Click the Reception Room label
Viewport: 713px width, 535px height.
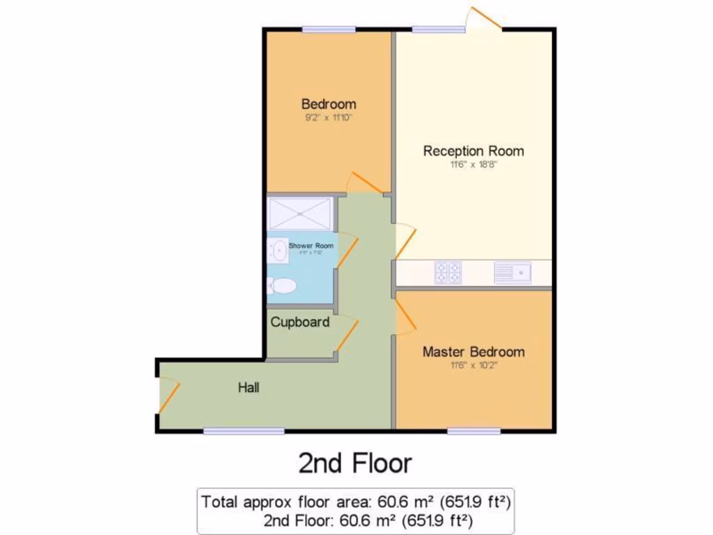coord(473,150)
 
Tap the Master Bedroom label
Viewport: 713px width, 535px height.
coord(473,352)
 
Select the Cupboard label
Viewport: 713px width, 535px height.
coord(300,323)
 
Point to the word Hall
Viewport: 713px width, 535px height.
coord(249,387)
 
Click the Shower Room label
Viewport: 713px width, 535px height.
coord(311,246)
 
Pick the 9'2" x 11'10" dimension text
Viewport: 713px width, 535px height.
coord(329,118)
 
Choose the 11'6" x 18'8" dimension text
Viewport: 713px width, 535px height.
coord(473,165)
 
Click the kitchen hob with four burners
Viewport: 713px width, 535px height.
coord(448,272)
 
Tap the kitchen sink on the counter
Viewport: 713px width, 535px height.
coord(512,272)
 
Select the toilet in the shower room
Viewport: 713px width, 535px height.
coord(281,286)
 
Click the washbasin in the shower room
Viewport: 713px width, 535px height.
coord(278,250)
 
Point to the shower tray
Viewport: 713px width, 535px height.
coord(299,214)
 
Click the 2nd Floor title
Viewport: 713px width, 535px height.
coord(355,463)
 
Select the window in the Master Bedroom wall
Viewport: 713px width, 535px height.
coord(473,431)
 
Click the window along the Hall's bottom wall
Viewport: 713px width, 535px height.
coord(244,431)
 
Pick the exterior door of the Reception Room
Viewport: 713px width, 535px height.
coord(484,18)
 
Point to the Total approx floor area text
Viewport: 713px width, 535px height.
coord(356,501)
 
